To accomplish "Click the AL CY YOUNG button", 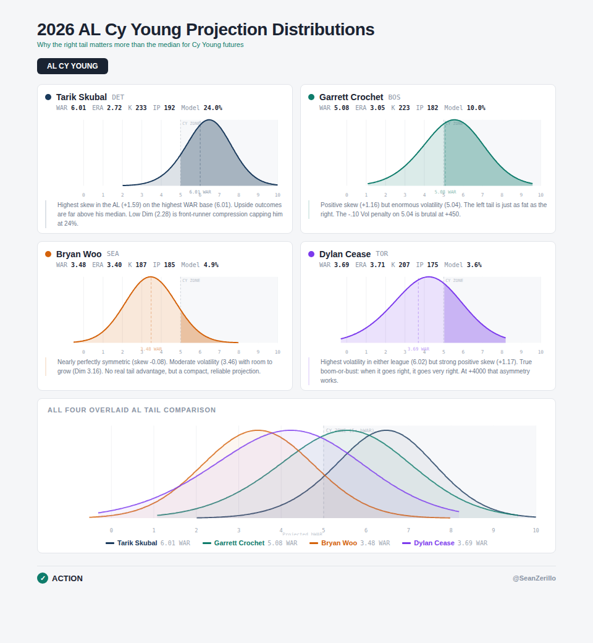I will [72, 66].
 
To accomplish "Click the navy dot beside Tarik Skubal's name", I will [48, 97].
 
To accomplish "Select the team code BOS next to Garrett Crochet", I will [394, 98].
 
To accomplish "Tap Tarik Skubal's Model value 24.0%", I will [212, 108].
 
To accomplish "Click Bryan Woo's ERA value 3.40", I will [114, 265].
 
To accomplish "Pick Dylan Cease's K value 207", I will [404, 265].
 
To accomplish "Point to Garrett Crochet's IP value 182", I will [432, 108].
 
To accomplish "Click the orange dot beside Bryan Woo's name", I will [48, 254].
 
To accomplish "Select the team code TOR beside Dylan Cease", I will [382, 254].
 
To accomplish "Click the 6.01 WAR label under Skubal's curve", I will [200, 192].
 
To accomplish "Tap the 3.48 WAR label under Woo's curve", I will [151, 349].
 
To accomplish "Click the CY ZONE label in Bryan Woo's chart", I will [191, 281].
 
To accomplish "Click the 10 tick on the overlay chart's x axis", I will [536, 530].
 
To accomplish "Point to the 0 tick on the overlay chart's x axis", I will [111, 530].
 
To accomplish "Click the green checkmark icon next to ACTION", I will [43, 578].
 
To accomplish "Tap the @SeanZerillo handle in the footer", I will [534, 578].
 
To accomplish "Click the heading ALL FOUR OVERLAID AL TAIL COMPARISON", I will [132, 410].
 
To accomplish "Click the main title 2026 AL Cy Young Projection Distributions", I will [206, 30].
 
